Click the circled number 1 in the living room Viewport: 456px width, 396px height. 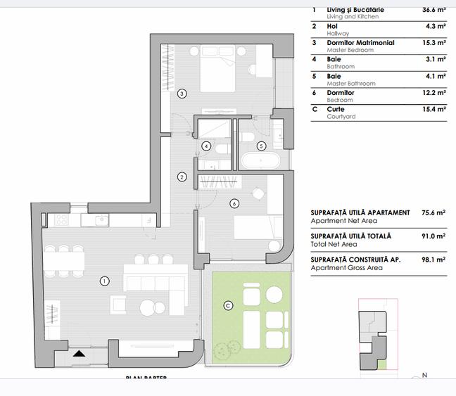coord(105,281)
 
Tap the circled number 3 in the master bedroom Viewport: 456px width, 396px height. coord(182,93)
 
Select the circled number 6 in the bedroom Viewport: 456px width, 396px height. coord(235,204)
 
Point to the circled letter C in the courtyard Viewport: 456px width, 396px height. coord(227,305)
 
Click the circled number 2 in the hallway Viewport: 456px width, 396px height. coord(182,177)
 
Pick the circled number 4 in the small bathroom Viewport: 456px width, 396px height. coord(206,146)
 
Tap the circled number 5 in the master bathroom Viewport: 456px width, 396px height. coord(261,146)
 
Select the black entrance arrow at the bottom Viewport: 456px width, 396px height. coord(80,355)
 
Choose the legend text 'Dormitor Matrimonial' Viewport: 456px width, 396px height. coord(360,43)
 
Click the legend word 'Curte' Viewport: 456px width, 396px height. coord(336,110)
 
